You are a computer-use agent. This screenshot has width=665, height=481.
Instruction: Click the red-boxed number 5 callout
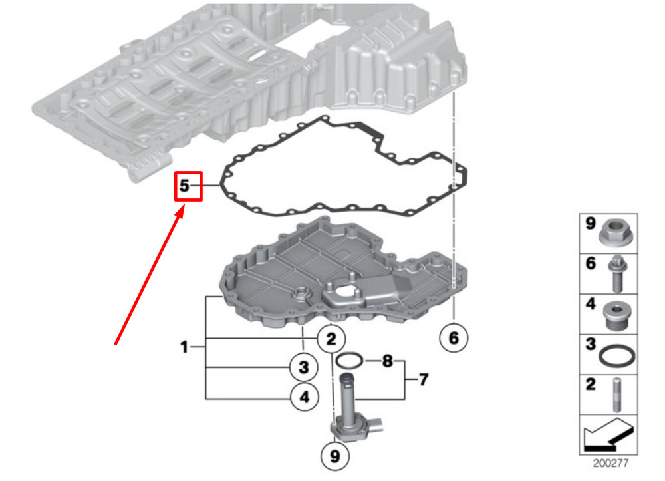[x=188, y=186]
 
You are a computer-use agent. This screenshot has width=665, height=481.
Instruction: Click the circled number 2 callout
[x=331, y=339]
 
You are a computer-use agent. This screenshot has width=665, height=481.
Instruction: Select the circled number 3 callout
[x=304, y=367]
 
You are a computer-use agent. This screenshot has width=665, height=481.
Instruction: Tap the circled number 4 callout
[x=305, y=397]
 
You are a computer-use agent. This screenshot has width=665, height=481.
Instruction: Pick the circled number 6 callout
[x=454, y=338]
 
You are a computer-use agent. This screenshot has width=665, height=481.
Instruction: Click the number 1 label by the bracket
[x=184, y=347]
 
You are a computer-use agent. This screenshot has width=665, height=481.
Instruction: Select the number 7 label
[x=423, y=379]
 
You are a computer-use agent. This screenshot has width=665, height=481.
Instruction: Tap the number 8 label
[x=387, y=361]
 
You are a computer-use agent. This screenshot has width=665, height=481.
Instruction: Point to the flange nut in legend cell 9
[x=616, y=233]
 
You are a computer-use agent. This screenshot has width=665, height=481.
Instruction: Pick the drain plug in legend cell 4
[x=618, y=316]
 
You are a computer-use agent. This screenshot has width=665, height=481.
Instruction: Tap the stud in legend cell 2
[x=617, y=395]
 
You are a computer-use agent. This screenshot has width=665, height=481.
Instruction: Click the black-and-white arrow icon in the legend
[x=609, y=434]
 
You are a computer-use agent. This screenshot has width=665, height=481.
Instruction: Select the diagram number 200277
[x=610, y=463]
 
